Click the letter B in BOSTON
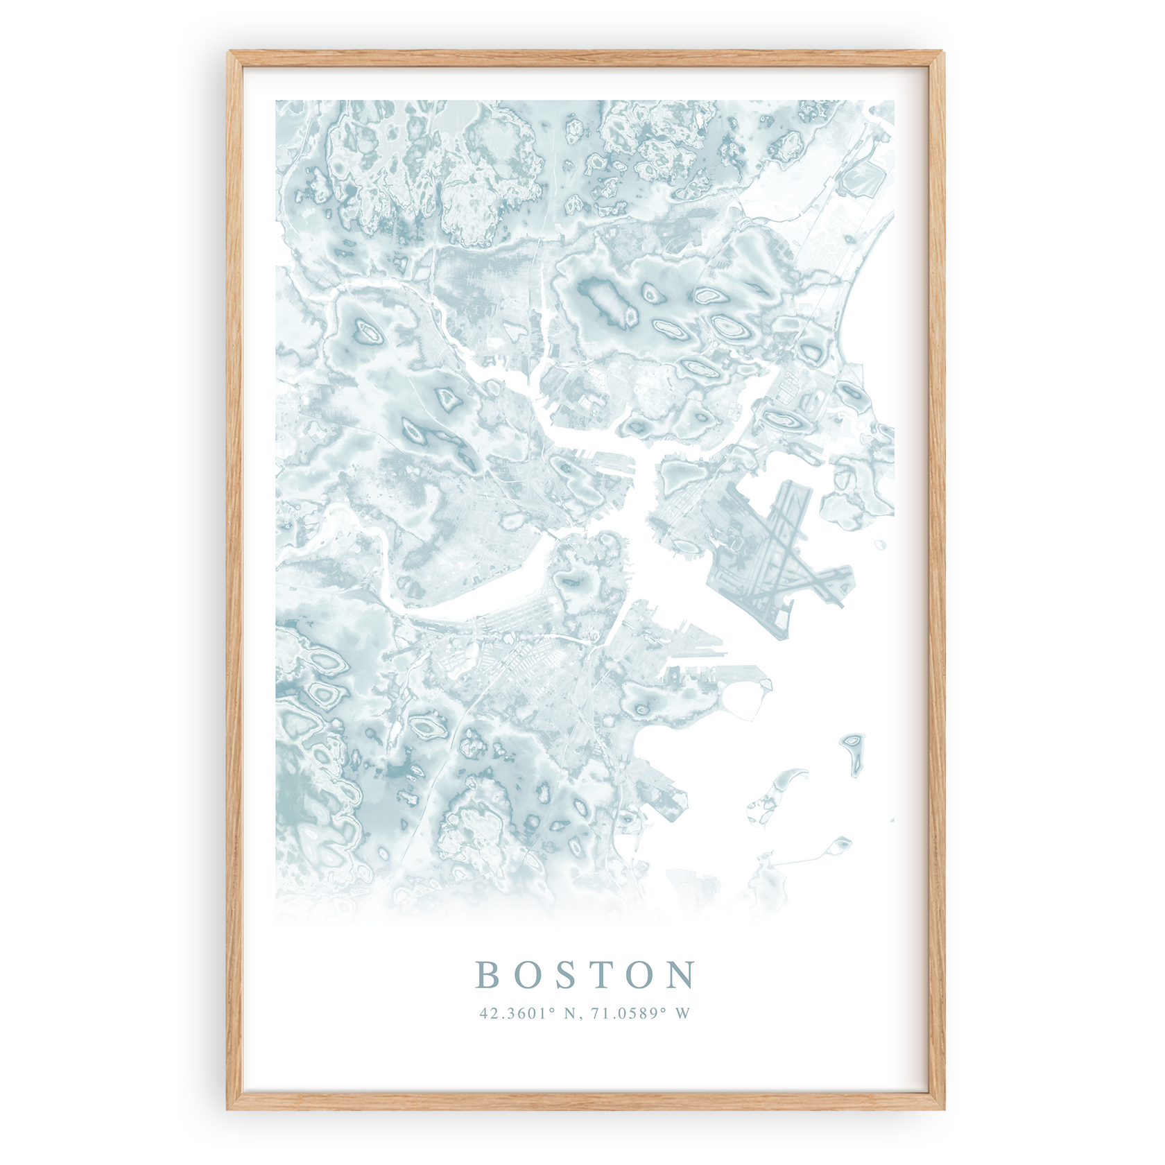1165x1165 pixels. [x=489, y=974]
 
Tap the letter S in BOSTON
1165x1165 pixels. [x=567, y=974]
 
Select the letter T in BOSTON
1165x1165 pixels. [x=605, y=974]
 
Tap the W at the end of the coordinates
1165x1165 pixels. [x=683, y=1013]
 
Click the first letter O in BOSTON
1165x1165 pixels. [x=528, y=974]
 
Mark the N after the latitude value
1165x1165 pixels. [x=570, y=1013]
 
